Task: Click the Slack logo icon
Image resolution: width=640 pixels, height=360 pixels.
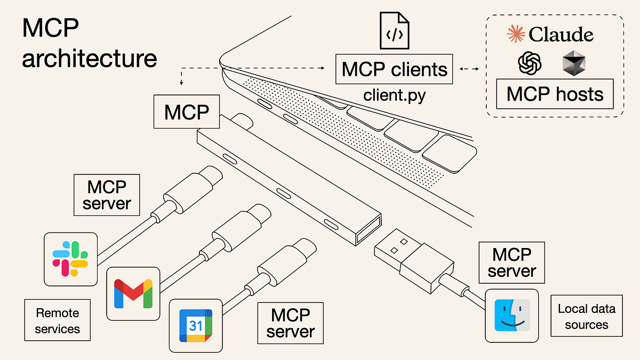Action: click(x=70, y=259)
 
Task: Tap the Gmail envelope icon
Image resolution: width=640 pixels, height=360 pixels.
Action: click(x=133, y=293)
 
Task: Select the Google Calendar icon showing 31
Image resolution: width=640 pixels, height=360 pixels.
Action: click(x=195, y=325)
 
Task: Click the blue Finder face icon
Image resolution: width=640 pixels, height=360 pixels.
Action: click(x=511, y=315)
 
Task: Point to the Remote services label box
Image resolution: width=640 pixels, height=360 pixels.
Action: click(x=57, y=320)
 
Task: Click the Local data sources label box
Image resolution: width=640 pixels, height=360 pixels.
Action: click(x=586, y=316)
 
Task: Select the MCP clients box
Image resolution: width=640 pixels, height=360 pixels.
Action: click(x=394, y=69)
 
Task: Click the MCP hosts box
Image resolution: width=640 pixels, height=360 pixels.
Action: click(x=555, y=94)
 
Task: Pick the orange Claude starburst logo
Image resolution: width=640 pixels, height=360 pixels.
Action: click(x=515, y=35)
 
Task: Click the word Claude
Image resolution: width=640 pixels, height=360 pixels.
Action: click(x=561, y=35)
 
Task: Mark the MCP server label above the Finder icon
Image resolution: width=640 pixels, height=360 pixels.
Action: click(x=512, y=262)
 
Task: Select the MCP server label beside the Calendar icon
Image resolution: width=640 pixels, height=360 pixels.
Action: click(x=291, y=323)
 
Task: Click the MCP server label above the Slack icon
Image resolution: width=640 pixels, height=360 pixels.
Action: click(x=107, y=196)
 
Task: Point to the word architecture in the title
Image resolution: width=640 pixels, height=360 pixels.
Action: click(x=89, y=59)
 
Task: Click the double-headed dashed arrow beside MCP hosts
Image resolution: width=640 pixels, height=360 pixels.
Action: click(x=469, y=68)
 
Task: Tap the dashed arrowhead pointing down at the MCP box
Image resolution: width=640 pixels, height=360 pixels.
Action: click(x=182, y=83)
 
